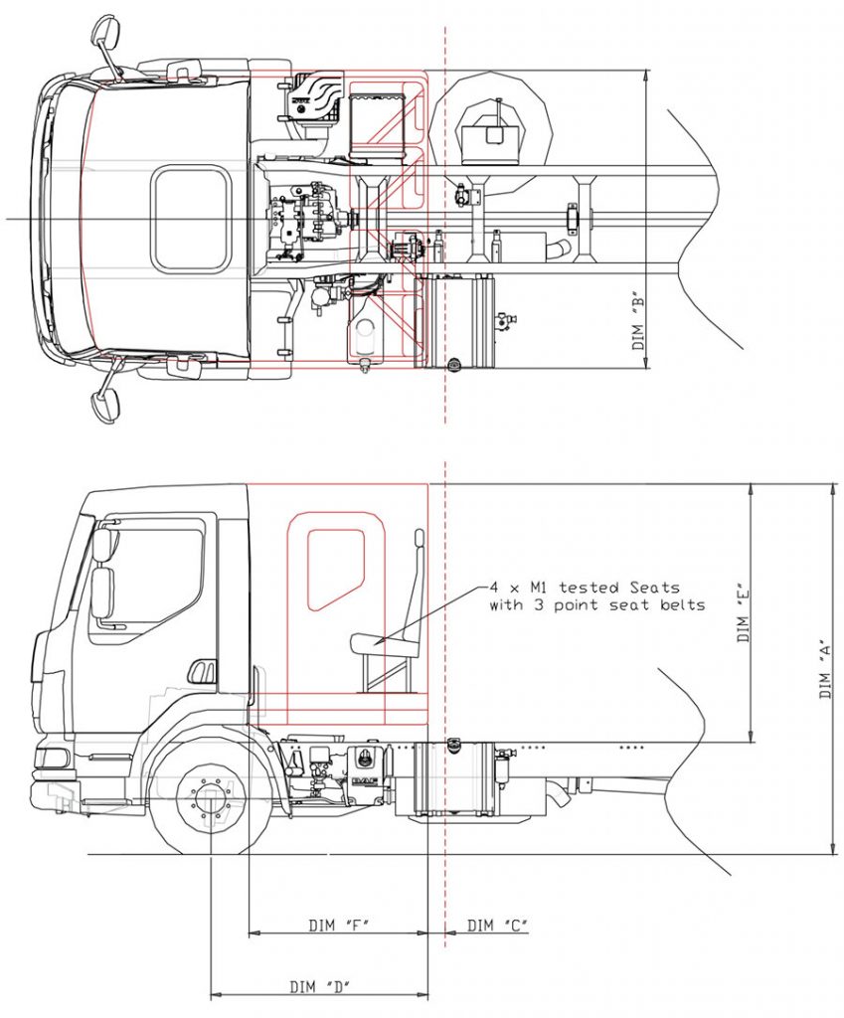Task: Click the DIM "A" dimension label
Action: click(x=825, y=668)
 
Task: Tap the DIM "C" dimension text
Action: click(x=497, y=926)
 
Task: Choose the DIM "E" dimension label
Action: click(x=743, y=612)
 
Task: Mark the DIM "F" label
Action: click(x=339, y=926)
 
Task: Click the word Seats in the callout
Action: click(x=652, y=588)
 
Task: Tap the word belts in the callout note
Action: click(x=677, y=604)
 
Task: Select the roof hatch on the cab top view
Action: click(x=190, y=220)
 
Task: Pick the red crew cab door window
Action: click(x=335, y=568)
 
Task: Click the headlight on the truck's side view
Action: click(x=53, y=758)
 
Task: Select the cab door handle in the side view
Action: click(x=202, y=672)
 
